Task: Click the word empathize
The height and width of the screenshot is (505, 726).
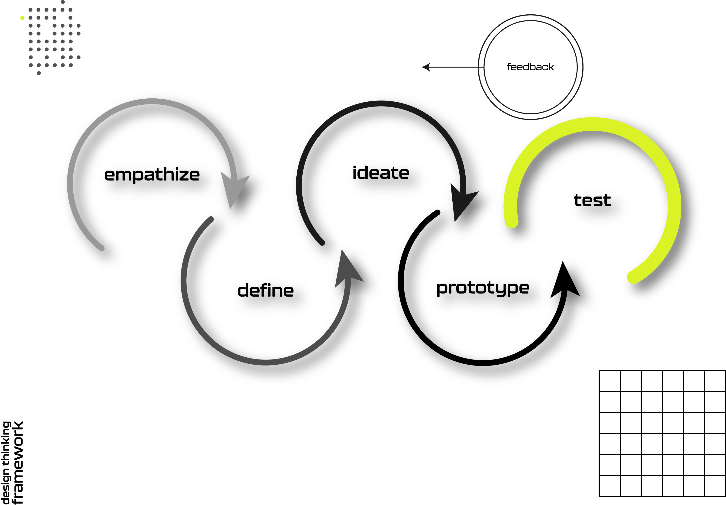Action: point(152,175)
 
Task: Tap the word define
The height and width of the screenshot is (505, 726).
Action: point(266,290)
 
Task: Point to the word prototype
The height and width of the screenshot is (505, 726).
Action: point(483,288)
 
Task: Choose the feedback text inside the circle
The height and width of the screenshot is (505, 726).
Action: point(530,67)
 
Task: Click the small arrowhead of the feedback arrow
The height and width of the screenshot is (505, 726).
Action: point(426,67)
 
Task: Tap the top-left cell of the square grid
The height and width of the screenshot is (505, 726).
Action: point(610,381)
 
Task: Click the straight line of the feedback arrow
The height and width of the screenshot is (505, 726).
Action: point(455,67)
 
